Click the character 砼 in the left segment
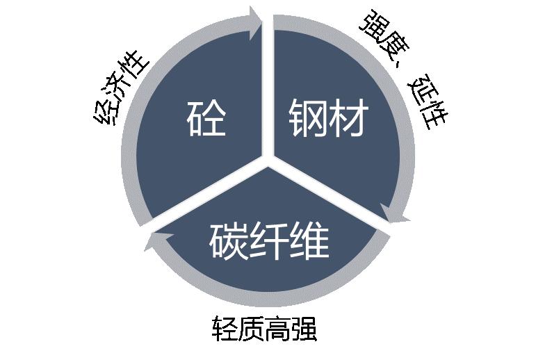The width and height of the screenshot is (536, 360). pyautogui.click(x=206, y=117)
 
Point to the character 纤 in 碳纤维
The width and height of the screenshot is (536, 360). pyautogui.click(x=269, y=240)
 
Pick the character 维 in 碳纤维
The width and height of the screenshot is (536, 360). pyautogui.click(x=309, y=240)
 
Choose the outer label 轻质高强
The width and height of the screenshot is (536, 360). pyautogui.click(x=264, y=329)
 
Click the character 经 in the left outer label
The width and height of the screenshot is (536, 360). pyautogui.click(x=105, y=111)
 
